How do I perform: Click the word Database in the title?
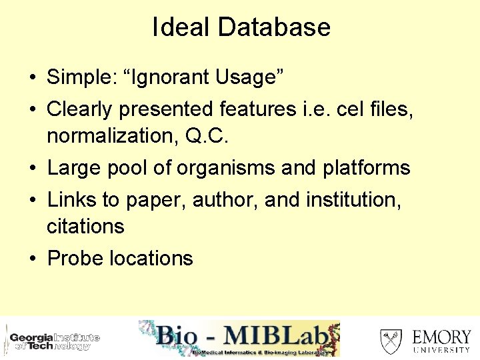(274, 27)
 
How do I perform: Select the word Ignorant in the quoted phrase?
(165, 77)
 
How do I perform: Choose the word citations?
(85, 227)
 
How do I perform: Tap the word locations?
(152, 259)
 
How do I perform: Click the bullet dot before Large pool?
(32, 169)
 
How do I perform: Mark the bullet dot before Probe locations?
(32, 259)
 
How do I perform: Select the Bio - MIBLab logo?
(239, 338)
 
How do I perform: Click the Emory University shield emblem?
(391, 341)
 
